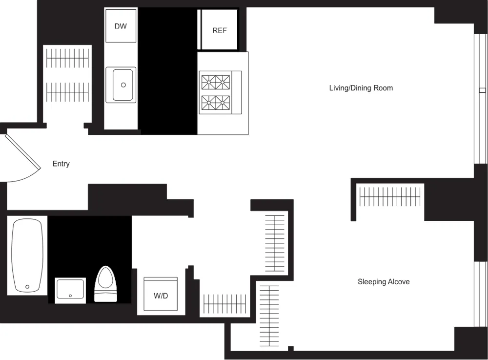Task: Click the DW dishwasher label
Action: pyautogui.click(x=121, y=26)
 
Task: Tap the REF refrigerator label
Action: pyautogui.click(x=220, y=30)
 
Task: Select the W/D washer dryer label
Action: pyautogui.click(x=161, y=296)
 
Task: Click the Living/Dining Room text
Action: pyautogui.click(x=361, y=88)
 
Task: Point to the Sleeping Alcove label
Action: pyautogui.click(x=384, y=282)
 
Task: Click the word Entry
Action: pyautogui.click(x=61, y=164)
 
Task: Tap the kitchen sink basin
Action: pyautogui.click(x=121, y=85)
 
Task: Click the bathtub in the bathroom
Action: pyautogui.click(x=27, y=255)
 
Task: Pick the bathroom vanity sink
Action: pyautogui.click(x=70, y=289)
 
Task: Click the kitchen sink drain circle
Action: pyautogui.click(x=123, y=85)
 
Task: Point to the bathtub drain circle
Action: pyautogui.click(x=27, y=287)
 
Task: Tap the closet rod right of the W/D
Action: pyautogui.click(x=225, y=303)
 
